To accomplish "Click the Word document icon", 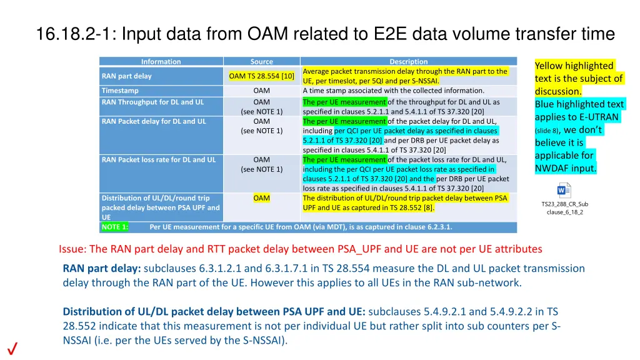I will click(564, 190).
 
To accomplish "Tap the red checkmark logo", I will click(12, 349).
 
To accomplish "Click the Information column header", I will click(161, 62).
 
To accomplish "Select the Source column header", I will click(261, 62).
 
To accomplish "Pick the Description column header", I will click(408, 62).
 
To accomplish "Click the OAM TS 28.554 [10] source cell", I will click(261, 76).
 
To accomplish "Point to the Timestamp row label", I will click(120, 91).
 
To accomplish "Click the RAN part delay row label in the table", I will click(126, 76).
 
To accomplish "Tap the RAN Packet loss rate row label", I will click(158, 159).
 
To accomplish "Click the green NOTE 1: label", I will click(114, 227).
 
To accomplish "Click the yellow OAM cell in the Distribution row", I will click(261, 198).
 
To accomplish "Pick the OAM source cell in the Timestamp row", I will click(261, 91).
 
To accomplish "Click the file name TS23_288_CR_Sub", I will click(564, 204).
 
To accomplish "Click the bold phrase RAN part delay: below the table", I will click(102, 269).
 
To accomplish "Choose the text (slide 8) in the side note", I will click(547, 131).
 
